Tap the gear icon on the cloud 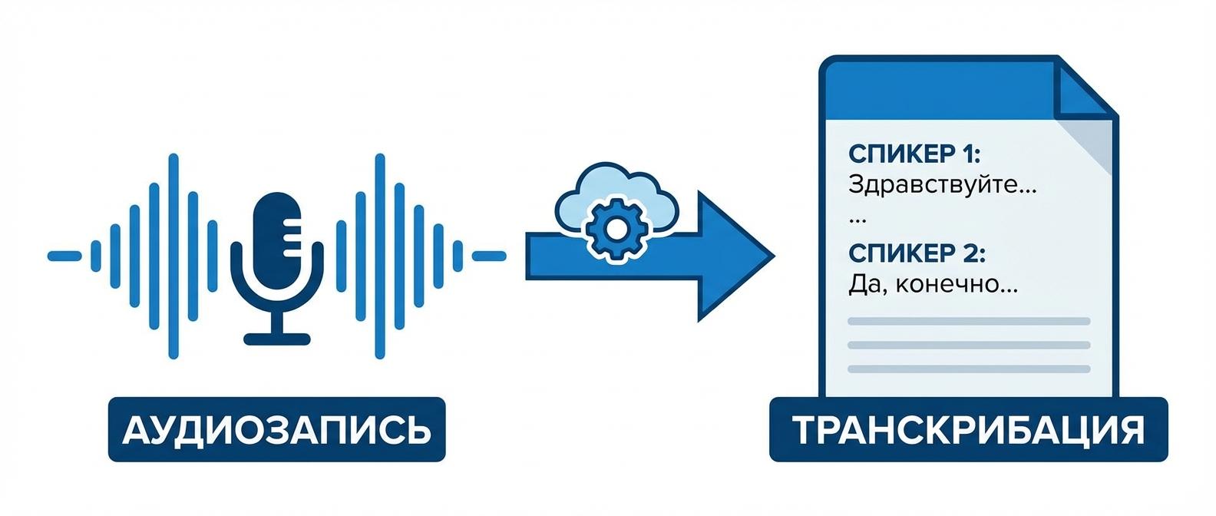[x=613, y=228]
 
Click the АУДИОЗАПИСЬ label [x=276, y=429]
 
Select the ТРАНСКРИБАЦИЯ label [x=968, y=429]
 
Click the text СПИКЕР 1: [x=914, y=154]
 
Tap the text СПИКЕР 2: [x=917, y=253]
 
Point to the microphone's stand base [x=277, y=338]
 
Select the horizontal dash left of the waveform [x=64, y=256]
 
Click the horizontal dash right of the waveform [x=489, y=256]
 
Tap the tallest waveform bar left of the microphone [x=173, y=256]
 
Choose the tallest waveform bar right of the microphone [x=379, y=256]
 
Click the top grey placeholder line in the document [x=969, y=321]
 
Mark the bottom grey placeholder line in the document [x=969, y=369]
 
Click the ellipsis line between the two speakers [x=857, y=220]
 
